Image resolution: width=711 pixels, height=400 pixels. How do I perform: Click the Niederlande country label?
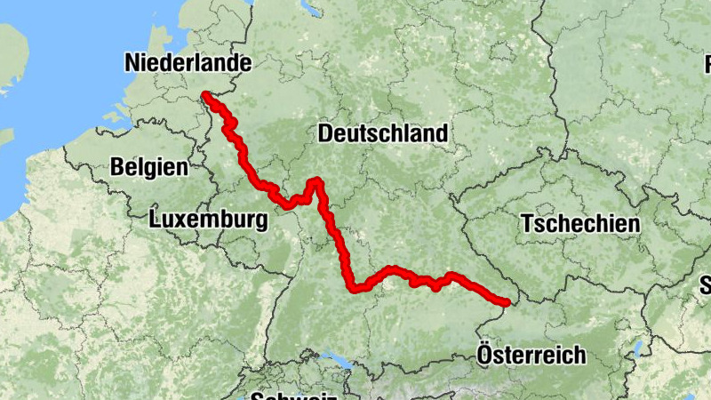(188, 63)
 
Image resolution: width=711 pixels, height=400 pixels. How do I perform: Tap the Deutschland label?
(382, 133)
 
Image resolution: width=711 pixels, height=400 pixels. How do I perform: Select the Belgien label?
(149, 166)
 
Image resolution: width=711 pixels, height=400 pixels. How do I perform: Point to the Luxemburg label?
(209, 220)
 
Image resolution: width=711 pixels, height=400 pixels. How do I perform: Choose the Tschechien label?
(580, 223)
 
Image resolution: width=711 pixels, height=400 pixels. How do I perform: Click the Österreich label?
(531, 356)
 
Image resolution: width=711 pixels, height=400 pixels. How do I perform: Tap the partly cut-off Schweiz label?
(292, 396)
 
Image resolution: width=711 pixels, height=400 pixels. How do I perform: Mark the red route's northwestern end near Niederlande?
(205, 94)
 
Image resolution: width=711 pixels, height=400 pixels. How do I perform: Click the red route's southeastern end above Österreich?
(507, 303)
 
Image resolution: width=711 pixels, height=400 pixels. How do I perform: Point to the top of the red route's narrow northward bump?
(314, 182)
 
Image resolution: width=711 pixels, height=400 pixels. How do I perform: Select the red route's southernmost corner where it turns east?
(355, 287)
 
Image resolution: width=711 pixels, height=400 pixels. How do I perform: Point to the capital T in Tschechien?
(528, 223)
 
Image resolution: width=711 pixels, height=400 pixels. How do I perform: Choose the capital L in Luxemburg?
(156, 220)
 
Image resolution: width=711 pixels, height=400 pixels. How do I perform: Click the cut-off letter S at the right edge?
(706, 284)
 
